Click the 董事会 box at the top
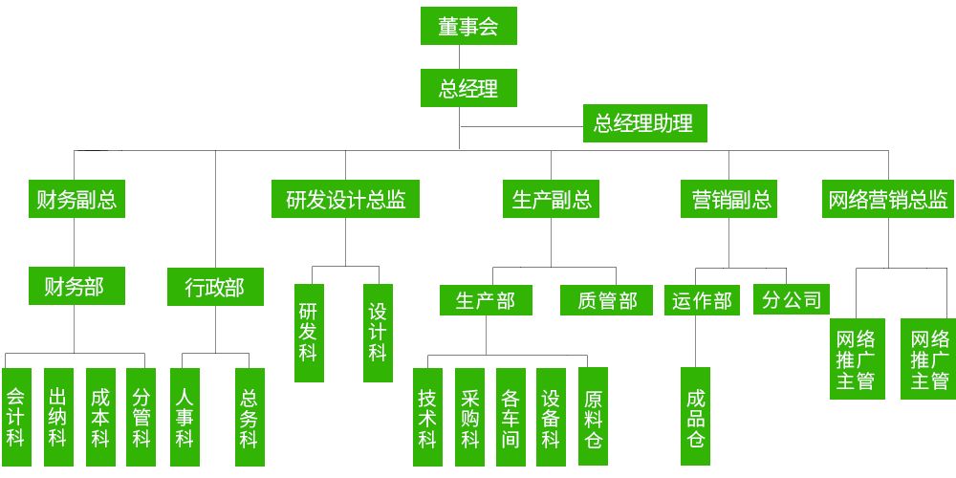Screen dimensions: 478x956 pyautogui.click(x=468, y=26)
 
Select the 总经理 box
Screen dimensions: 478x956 pyautogui.click(x=468, y=88)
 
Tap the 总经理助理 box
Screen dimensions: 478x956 pyautogui.click(x=643, y=123)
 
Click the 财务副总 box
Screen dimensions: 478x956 pyautogui.click(x=76, y=200)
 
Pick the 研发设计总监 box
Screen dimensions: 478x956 pyautogui.click(x=345, y=200)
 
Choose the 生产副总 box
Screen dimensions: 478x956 pyautogui.click(x=552, y=200)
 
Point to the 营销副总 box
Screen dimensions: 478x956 pyautogui.click(x=731, y=200)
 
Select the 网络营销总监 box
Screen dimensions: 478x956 pyautogui.click(x=888, y=200)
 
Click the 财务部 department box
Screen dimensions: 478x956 pyautogui.click(x=76, y=285)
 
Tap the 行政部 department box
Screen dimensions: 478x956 pyautogui.click(x=214, y=286)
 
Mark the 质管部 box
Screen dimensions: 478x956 pyautogui.click(x=607, y=300)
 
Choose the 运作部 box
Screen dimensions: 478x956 pyautogui.click(x=702, y=300)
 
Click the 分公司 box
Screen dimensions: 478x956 pyautogui.click(x=792, y=299)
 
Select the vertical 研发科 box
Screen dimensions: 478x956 pyautogui.click(x=308, y=333)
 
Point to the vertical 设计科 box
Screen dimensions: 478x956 pyautogui.click(x=378, y=333)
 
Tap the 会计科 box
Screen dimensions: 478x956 pyautogui.click(x=16, y=417)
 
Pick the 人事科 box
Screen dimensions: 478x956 pyautogui.click(x=185, y=417)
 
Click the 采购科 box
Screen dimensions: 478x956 pyautogui.click(x=469, y=417)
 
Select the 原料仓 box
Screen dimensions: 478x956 pyautogui.click(x=593, y=417)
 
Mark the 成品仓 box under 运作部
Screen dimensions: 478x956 pyautogui.click(x=696, y=417)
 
